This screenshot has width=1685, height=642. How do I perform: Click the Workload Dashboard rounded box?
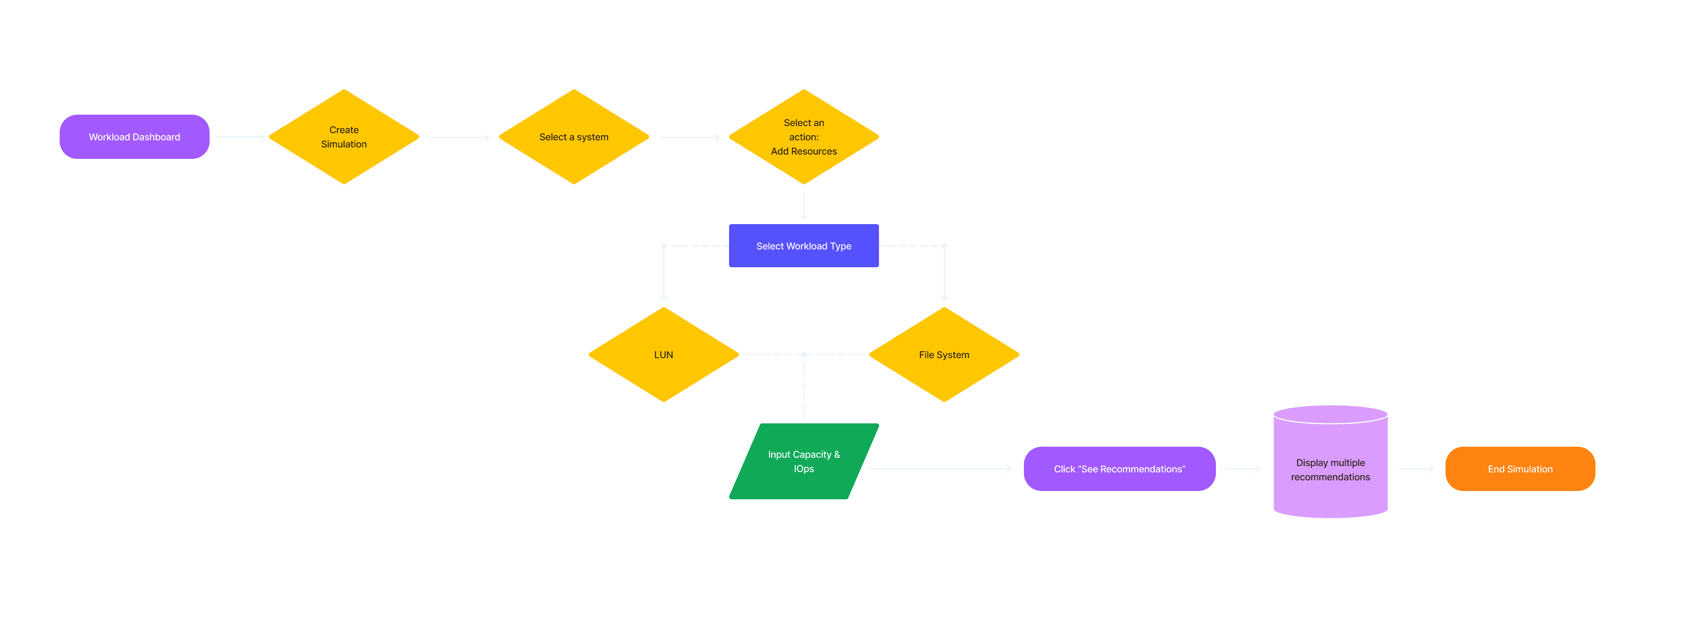click(x=134, y=137)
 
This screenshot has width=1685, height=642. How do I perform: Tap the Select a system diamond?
click(x=574, y=137)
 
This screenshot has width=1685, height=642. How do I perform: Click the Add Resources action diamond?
click(x=803, y=137)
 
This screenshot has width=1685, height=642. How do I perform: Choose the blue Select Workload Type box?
click(x=803, y=246)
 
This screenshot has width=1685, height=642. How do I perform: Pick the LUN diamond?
click(x=663, y=355)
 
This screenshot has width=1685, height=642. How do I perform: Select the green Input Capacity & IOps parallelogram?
click(x=803, y=461)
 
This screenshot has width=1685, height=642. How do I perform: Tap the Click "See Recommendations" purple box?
click(x=1119, y=468)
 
